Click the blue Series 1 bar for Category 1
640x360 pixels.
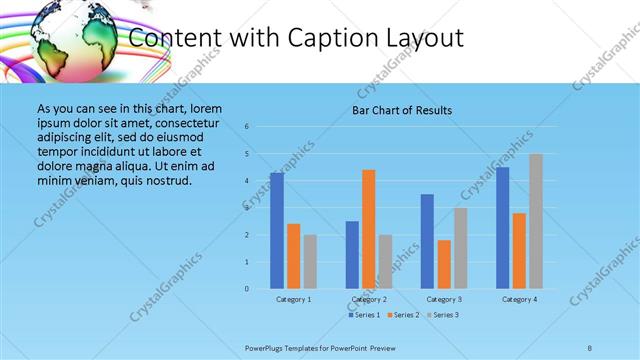[276, 231]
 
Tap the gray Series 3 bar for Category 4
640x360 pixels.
[536, 221]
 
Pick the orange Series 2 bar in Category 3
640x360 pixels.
[444, 264]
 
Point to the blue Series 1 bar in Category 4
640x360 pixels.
[502, 228]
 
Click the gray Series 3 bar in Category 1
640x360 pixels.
[310, 262]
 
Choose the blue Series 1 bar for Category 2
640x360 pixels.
[352, 255]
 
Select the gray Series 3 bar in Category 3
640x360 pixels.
[460, 248]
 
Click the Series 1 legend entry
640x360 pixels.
[364, 315]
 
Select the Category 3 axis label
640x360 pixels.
[444, 299]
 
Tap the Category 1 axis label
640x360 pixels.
[293, 299]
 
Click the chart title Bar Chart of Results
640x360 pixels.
[403, 110]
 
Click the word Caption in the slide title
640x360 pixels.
[334, 38]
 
